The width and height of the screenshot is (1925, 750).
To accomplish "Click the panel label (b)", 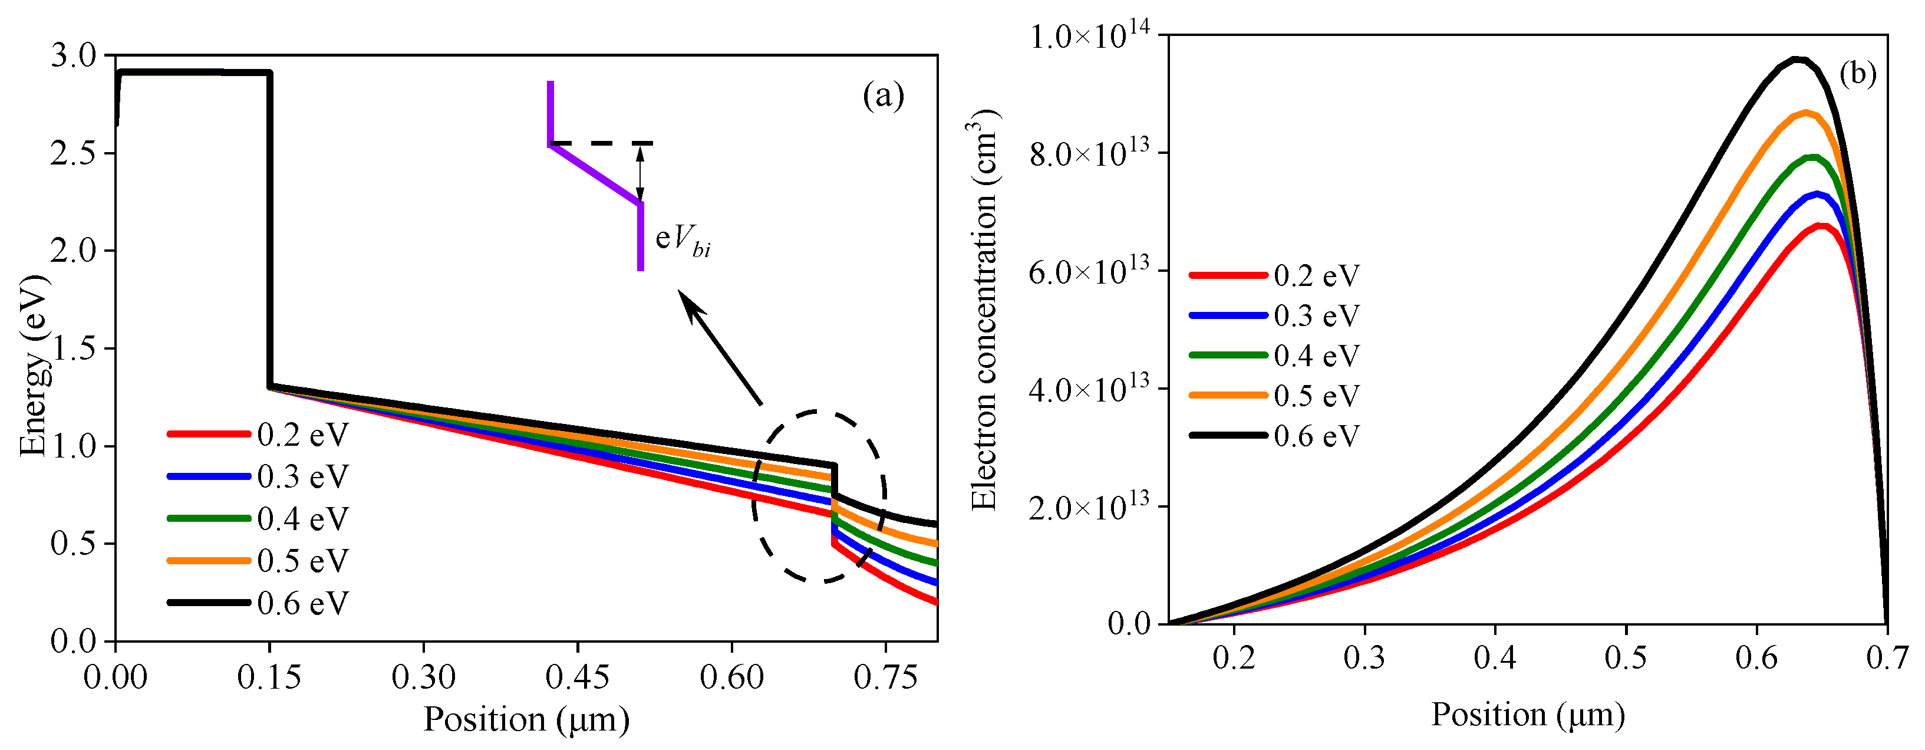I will click(x=1857, y=74).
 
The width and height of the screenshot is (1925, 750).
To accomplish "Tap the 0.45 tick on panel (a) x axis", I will click(x=577, y=677).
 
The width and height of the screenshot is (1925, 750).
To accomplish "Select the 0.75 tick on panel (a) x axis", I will click(x=885, y=677).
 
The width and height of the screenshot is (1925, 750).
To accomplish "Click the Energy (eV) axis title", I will click(x=34, y=366).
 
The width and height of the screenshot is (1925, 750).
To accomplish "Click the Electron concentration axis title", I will click(x=985, y=310).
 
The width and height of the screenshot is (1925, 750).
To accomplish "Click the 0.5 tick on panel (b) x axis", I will click(x=1626, y=658).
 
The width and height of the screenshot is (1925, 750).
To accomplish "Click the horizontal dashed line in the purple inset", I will click(x=602, y=143).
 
